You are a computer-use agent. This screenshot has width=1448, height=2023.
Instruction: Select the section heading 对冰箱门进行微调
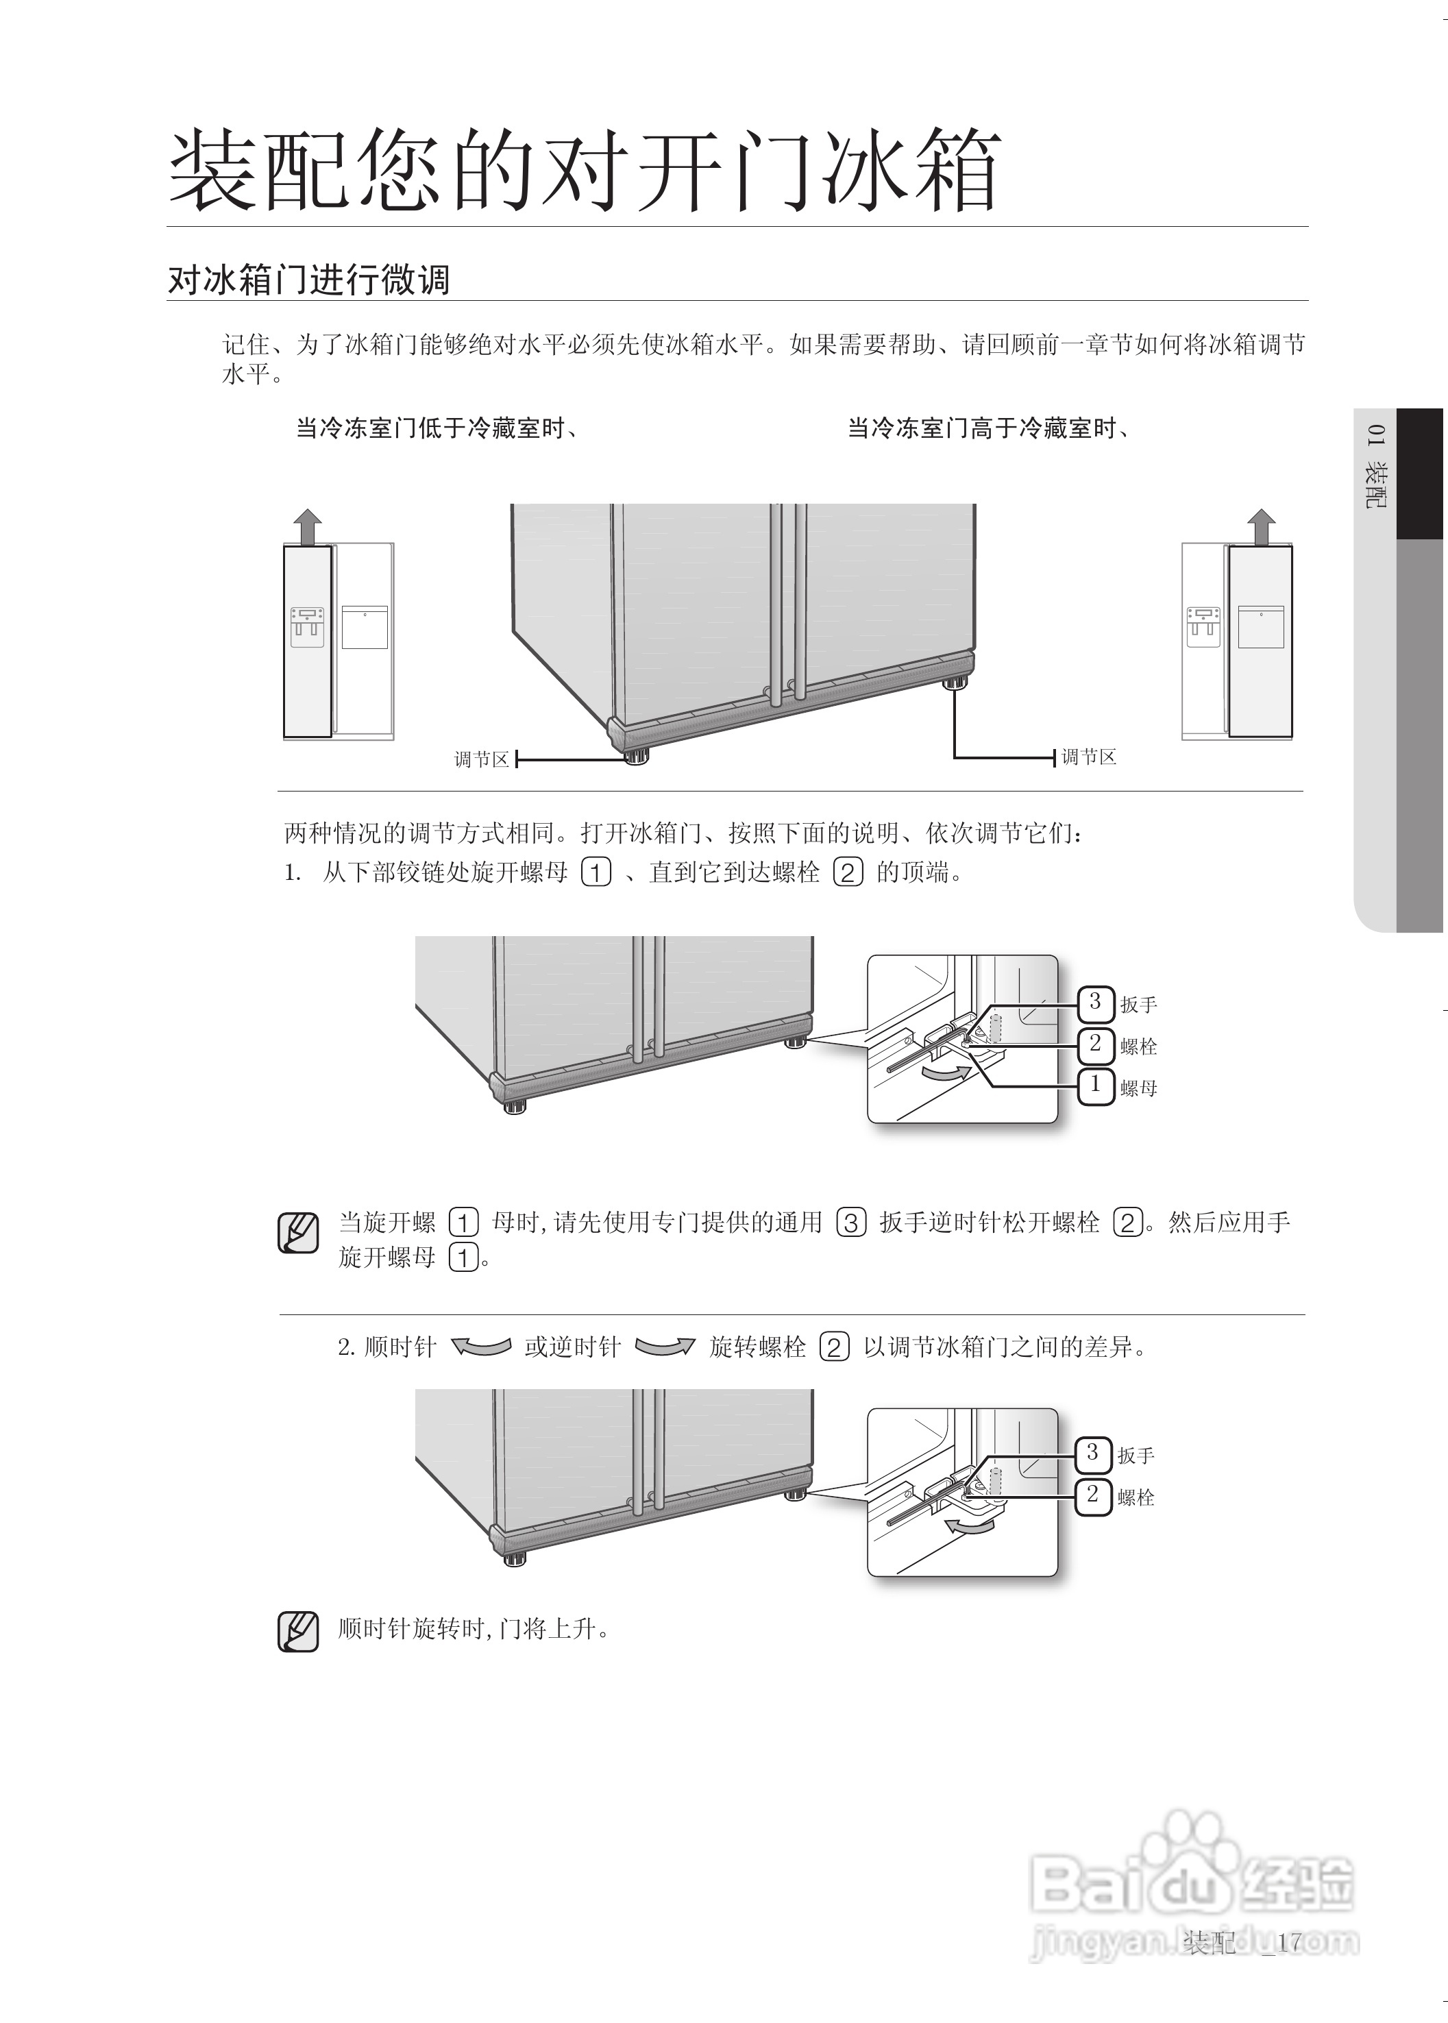pos(308,280)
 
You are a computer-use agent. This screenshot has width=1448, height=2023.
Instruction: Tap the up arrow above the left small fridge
pos(308,527)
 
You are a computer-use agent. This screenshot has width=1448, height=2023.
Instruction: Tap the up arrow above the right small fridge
pos(1261,527)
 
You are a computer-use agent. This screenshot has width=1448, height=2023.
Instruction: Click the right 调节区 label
pos(1089,757)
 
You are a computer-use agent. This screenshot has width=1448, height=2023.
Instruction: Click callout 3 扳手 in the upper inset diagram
pos(1096,1002)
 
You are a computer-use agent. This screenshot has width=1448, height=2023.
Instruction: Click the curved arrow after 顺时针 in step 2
pos(482,1347)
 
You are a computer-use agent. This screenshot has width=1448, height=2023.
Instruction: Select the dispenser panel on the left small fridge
pos(307,627)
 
